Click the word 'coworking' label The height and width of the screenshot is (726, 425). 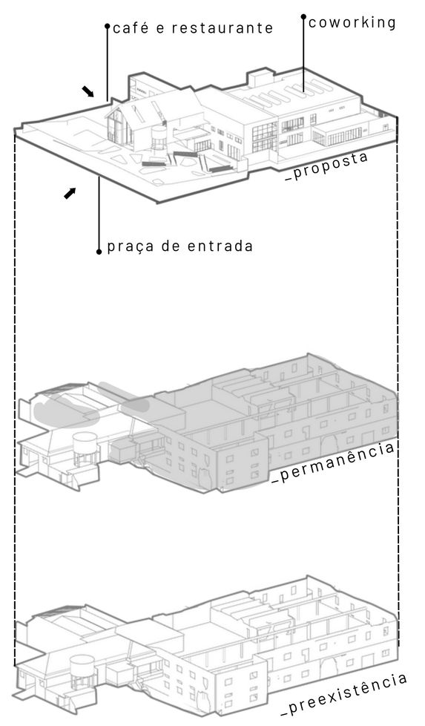[352, 23]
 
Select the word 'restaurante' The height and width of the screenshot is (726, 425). [223, 27]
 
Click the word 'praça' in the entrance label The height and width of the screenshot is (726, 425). [131, 246]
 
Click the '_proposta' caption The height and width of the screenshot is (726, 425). [327, 166]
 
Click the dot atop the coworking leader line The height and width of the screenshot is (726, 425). [303, 16]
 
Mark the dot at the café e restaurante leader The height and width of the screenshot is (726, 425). [108, 26]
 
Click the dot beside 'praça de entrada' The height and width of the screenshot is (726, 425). [99, 252]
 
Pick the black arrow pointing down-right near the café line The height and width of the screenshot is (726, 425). [88, 91]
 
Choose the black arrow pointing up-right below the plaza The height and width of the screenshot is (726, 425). [70, 193]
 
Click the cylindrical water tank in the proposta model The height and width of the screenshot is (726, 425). [159, 137]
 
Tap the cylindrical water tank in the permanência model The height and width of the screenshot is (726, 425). [84, 449]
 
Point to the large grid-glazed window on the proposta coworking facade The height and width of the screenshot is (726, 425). [265, 137]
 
